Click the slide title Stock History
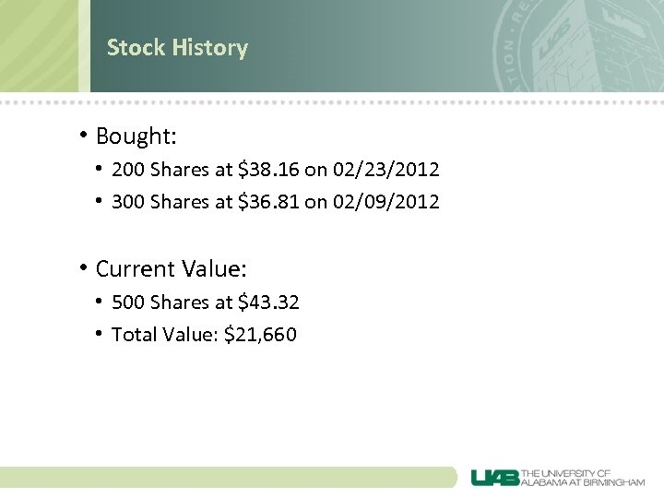[177, 47]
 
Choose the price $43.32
[268, 302]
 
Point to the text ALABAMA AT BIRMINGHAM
[583, 482]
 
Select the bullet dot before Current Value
[83, 268]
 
